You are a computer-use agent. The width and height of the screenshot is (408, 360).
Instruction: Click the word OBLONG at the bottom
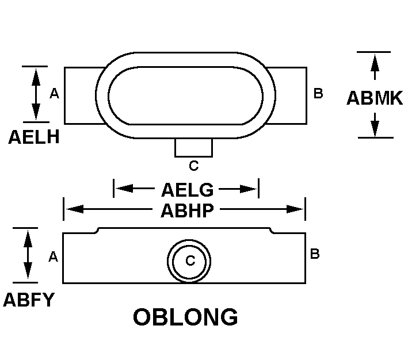pos(185,317)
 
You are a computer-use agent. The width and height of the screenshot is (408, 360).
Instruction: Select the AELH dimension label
pos(34,138)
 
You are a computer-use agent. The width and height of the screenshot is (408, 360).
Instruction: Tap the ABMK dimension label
pos(375,98)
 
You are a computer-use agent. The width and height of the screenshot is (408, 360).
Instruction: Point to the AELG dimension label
pos(187,189)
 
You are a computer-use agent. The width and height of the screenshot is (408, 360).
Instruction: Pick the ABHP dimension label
pos(187,210)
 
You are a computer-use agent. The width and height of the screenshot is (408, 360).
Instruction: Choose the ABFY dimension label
pos(29,299)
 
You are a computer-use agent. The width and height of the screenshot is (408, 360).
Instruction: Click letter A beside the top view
pos(55,93)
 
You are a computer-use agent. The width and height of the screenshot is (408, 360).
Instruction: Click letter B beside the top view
pos(318,93)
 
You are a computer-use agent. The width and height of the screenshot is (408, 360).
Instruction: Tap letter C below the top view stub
pos(194,166)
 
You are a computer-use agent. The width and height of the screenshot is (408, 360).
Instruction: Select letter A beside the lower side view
pos(54,256)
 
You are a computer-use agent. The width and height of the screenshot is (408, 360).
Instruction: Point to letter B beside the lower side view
pos(315,254)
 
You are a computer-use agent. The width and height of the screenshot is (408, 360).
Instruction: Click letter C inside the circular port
pos(190,261)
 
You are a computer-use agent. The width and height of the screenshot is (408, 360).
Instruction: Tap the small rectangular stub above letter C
pos(193,148)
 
